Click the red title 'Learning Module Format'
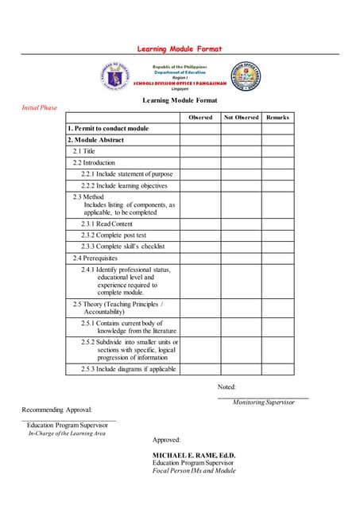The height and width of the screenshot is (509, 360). (180, 49)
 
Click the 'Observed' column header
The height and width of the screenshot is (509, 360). (200, 118)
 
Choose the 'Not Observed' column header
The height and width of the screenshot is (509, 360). (241, 118)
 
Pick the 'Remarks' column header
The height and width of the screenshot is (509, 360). (277, 118)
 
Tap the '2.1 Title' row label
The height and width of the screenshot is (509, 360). (83, 151)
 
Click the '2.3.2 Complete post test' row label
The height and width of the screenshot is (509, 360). (114, 235)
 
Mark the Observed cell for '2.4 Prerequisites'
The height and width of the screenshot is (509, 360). (200, 258)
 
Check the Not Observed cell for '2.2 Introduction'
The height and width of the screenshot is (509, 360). (241, 162)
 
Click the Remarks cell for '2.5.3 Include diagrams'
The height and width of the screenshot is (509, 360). (277, 369)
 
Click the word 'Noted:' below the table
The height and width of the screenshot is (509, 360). (226, 387)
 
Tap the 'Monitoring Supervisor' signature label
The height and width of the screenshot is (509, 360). (263, 402)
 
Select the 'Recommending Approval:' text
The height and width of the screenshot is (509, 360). (58, 410)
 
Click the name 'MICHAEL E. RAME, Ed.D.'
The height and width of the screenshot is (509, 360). (194, 454)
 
